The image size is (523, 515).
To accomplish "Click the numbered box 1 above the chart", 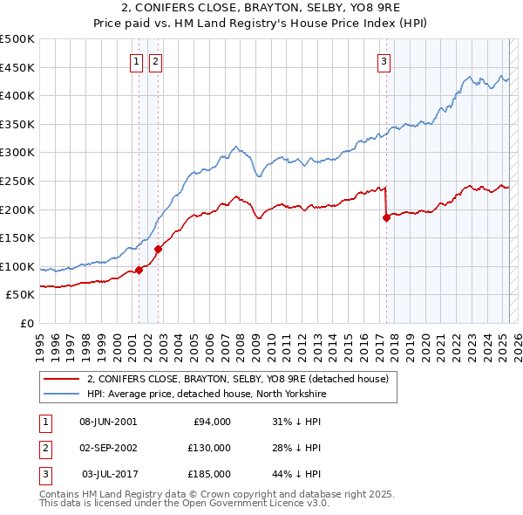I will pos(138,61).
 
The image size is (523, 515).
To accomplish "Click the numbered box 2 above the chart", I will pos(154,61).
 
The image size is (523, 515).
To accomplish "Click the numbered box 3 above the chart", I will pos(384,61).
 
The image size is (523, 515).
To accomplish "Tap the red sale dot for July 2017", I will pos(385,218).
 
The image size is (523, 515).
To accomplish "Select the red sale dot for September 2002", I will pos(158,249).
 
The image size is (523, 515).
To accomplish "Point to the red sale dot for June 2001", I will pos(139,270).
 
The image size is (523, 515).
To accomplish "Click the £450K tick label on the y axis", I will pos(17,67).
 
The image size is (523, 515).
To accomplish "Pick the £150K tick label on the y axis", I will pos(17,237).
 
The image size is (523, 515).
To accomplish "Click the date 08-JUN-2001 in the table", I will pos(108,422).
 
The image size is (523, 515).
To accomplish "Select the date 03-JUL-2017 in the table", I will pos(109,474).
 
